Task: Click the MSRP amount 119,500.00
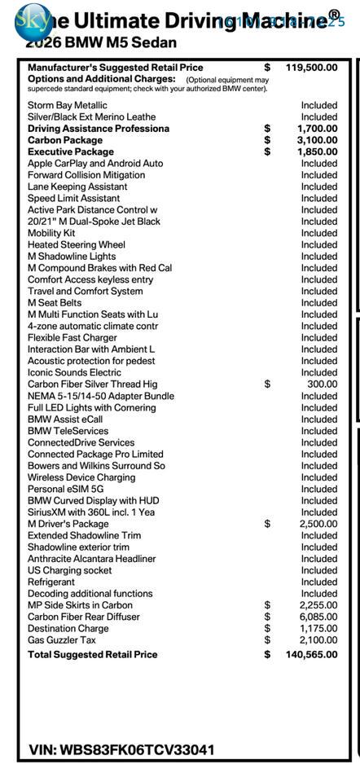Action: click(311, 68)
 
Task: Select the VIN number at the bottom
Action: click(121, 749)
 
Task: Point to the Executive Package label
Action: click(71, 152)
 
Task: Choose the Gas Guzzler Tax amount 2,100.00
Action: click(318, 640)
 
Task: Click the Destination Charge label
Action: click(68, 629)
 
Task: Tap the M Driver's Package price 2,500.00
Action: click(318, 524)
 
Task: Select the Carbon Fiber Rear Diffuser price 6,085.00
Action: click(318, 617)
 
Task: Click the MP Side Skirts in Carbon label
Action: click(80, 605)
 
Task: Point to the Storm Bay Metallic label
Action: click(68, 105)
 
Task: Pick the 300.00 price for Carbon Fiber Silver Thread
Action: click(322, 384)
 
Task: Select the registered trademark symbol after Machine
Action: click(334, 14)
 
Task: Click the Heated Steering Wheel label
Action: click(77, 244)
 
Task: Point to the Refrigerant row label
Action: click(51, 582)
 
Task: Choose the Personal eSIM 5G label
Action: click(66, 490)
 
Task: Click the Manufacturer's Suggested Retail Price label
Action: click(116, 68)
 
